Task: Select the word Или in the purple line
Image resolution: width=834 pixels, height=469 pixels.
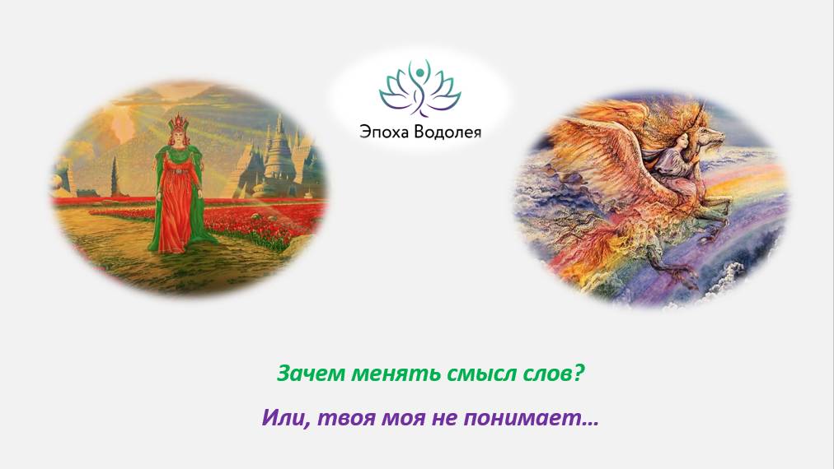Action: point(279,418)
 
